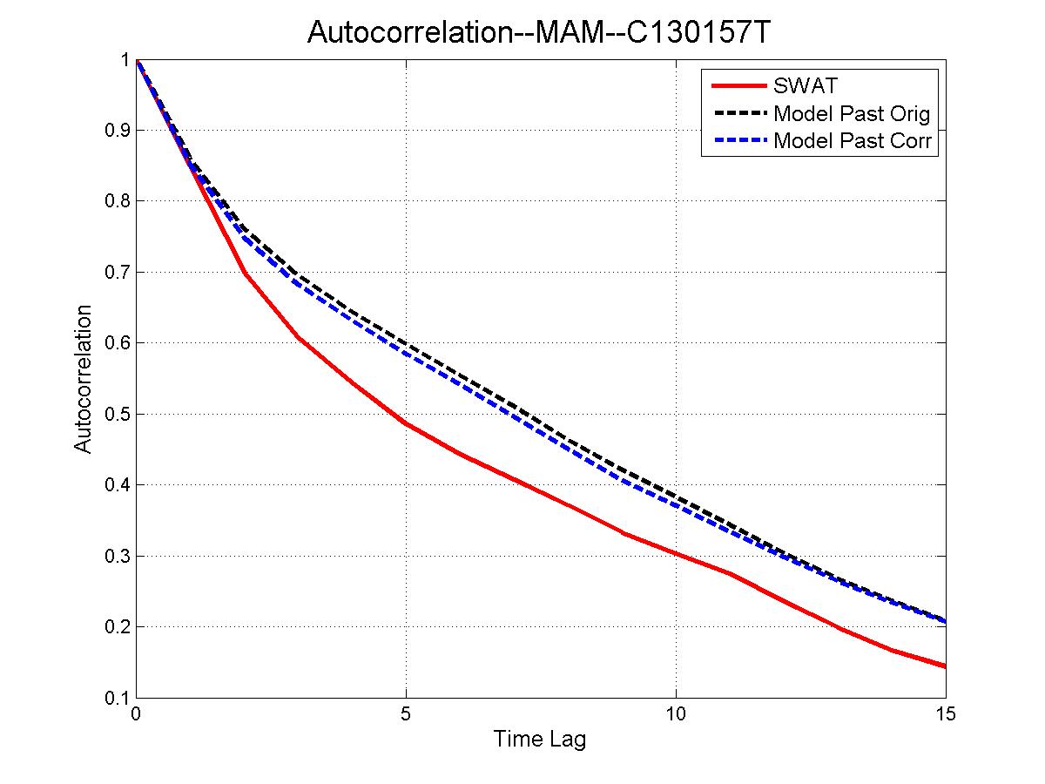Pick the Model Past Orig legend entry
pyautogui.click(x=851, y=113)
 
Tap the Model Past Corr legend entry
pyautogui.click(x=852, y=140)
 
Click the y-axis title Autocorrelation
pyautogui.click(x=83, y=378)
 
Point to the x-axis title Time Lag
pyautogui.click(x=540, y=740)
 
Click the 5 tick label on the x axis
pyautogui.click(x=406, y=714)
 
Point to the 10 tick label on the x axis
pyautogui.click(x=676, y=714)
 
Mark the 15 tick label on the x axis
pyautogui.click(x=945, y=714)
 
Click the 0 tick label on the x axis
pyautogui.click(x=136, y=714)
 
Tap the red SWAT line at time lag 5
pyautogui.click(x=406, y=424)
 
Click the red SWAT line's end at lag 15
pyautogui.click(x=944, y=666)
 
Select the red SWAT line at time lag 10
pyautogui.click(x=676, y=553)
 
